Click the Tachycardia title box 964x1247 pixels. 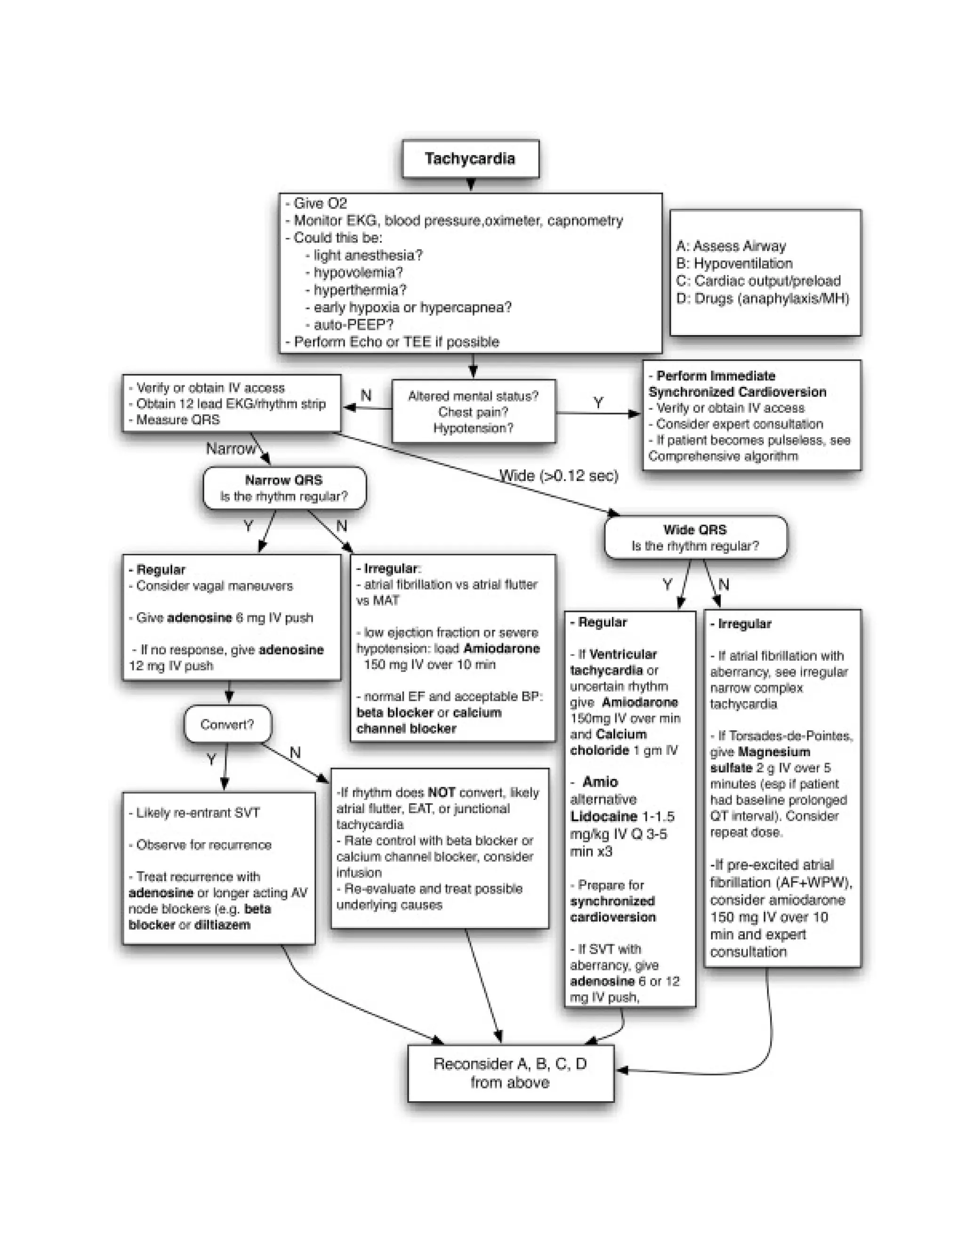(x=470, y=159)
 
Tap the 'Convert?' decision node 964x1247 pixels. (x=227, y=725)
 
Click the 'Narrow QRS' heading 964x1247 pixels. (x=284, y=480)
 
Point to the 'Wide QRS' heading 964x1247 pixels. (x=695, y=530)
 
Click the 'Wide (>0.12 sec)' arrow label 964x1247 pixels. (x=559, y=476)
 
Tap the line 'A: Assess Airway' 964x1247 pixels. (x=731, y=246)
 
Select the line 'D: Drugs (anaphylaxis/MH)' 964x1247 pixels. (x=763, y=299)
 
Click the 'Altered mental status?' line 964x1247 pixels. (x=473, y=396)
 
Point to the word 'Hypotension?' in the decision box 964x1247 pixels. (x=473, y=428)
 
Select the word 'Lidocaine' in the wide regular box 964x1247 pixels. (x=603, y=816)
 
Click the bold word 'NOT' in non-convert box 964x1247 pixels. (x=442, y=792)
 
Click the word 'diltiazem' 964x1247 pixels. (x=222, y=925)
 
